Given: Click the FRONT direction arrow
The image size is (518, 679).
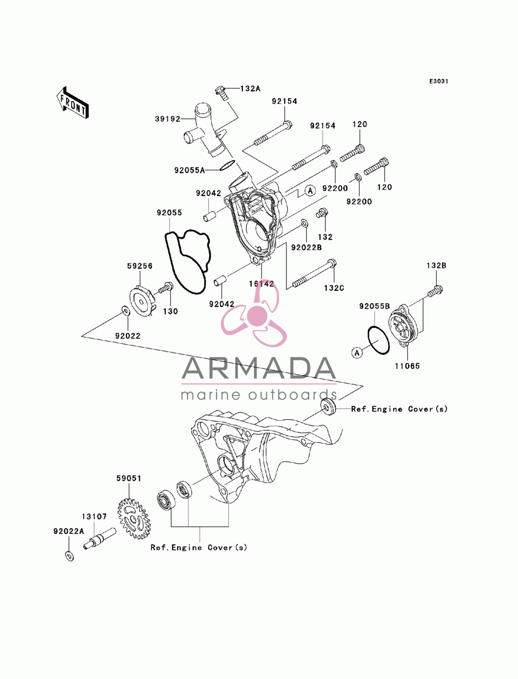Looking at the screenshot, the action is coord(73,102).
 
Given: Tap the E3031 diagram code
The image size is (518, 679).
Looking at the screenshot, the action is coord(438,81).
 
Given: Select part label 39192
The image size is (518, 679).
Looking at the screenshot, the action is coord(167,119).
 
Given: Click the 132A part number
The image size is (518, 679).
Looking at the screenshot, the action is coord(250,89).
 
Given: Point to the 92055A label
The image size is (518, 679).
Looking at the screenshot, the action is coord(190,170).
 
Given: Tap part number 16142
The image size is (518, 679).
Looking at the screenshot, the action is coord(261,284).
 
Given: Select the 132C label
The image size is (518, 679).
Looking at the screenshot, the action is coord(334,288).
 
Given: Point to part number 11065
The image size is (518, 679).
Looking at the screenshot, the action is coord(407,366).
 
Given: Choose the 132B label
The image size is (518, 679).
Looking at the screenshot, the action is coord(436,266).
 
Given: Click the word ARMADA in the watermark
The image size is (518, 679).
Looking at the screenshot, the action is coord(259,368).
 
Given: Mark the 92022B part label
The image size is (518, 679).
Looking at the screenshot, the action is coord(307,247).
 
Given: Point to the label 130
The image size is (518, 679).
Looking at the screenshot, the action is coord(170,311).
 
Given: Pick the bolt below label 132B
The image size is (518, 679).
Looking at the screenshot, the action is coord(435,291).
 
